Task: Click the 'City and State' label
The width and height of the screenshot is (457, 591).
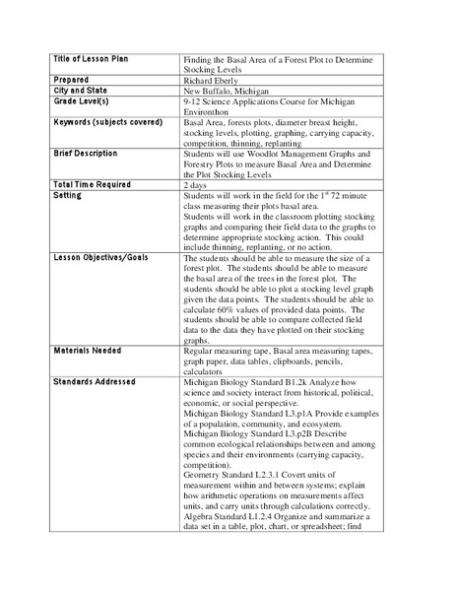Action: point(80,90)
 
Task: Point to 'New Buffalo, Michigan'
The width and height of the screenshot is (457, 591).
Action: point(227,92)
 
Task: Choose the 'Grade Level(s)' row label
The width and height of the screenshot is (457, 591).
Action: point(82,102)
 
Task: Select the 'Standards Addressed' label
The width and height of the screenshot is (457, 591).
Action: point(95,381)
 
